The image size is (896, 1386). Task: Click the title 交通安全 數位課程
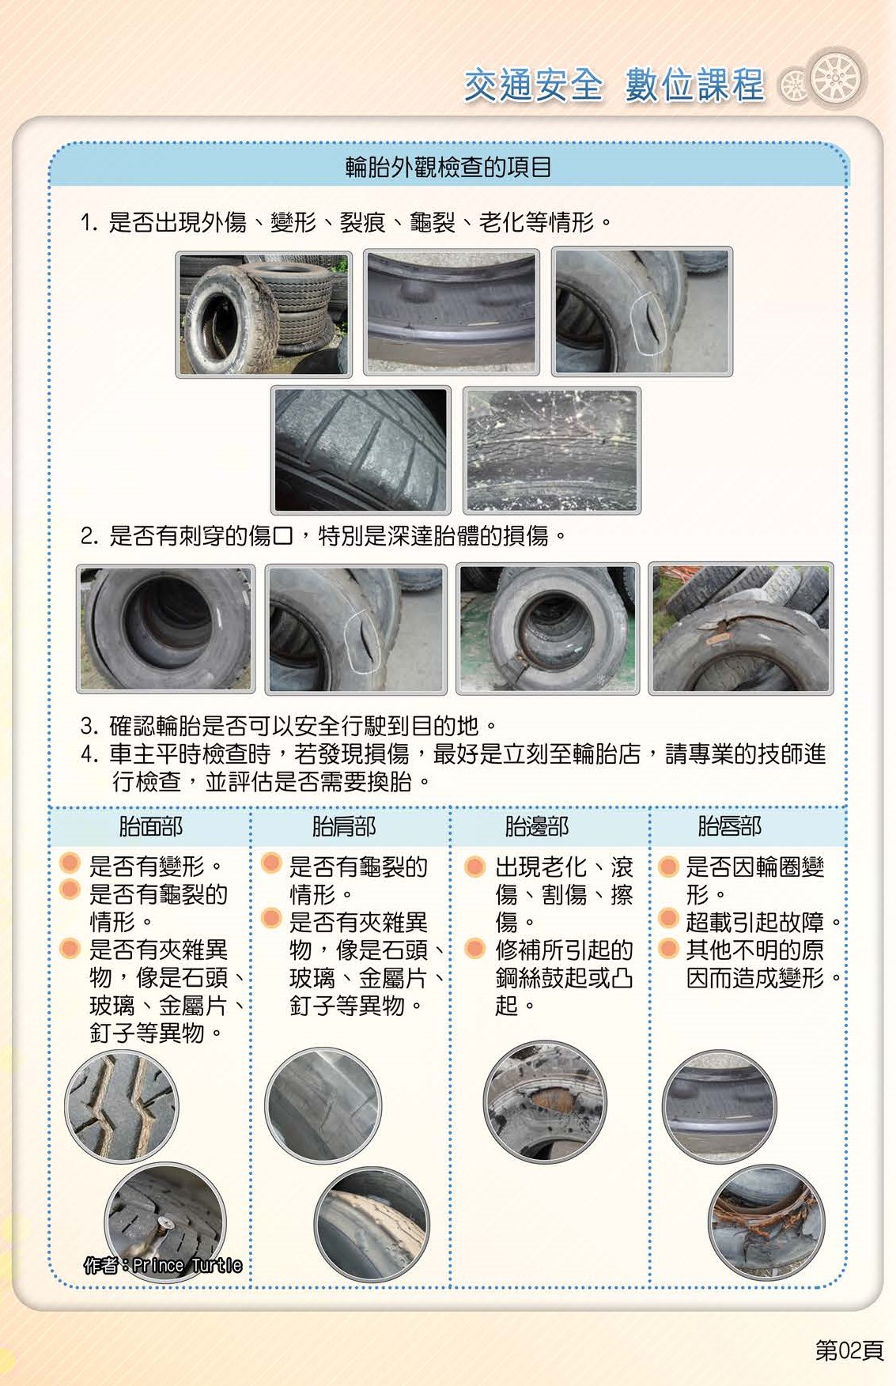614,85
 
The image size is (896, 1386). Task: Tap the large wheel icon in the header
836,77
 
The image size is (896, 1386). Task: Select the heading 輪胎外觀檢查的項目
448,167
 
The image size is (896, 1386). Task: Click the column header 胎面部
150,827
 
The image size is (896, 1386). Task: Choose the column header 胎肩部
344,827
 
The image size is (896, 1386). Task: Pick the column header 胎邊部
537,827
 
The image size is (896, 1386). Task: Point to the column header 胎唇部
729,827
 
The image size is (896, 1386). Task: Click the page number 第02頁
849,1350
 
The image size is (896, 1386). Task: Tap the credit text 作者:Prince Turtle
163,1265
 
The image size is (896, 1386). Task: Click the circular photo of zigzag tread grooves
122,1107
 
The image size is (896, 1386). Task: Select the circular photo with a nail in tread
166,1222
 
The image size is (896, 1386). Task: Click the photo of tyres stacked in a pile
264,314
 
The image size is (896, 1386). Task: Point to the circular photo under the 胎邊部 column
545,1101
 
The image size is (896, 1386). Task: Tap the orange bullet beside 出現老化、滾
475,867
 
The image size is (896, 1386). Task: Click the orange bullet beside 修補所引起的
475,948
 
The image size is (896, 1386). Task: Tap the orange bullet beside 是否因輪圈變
669,867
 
